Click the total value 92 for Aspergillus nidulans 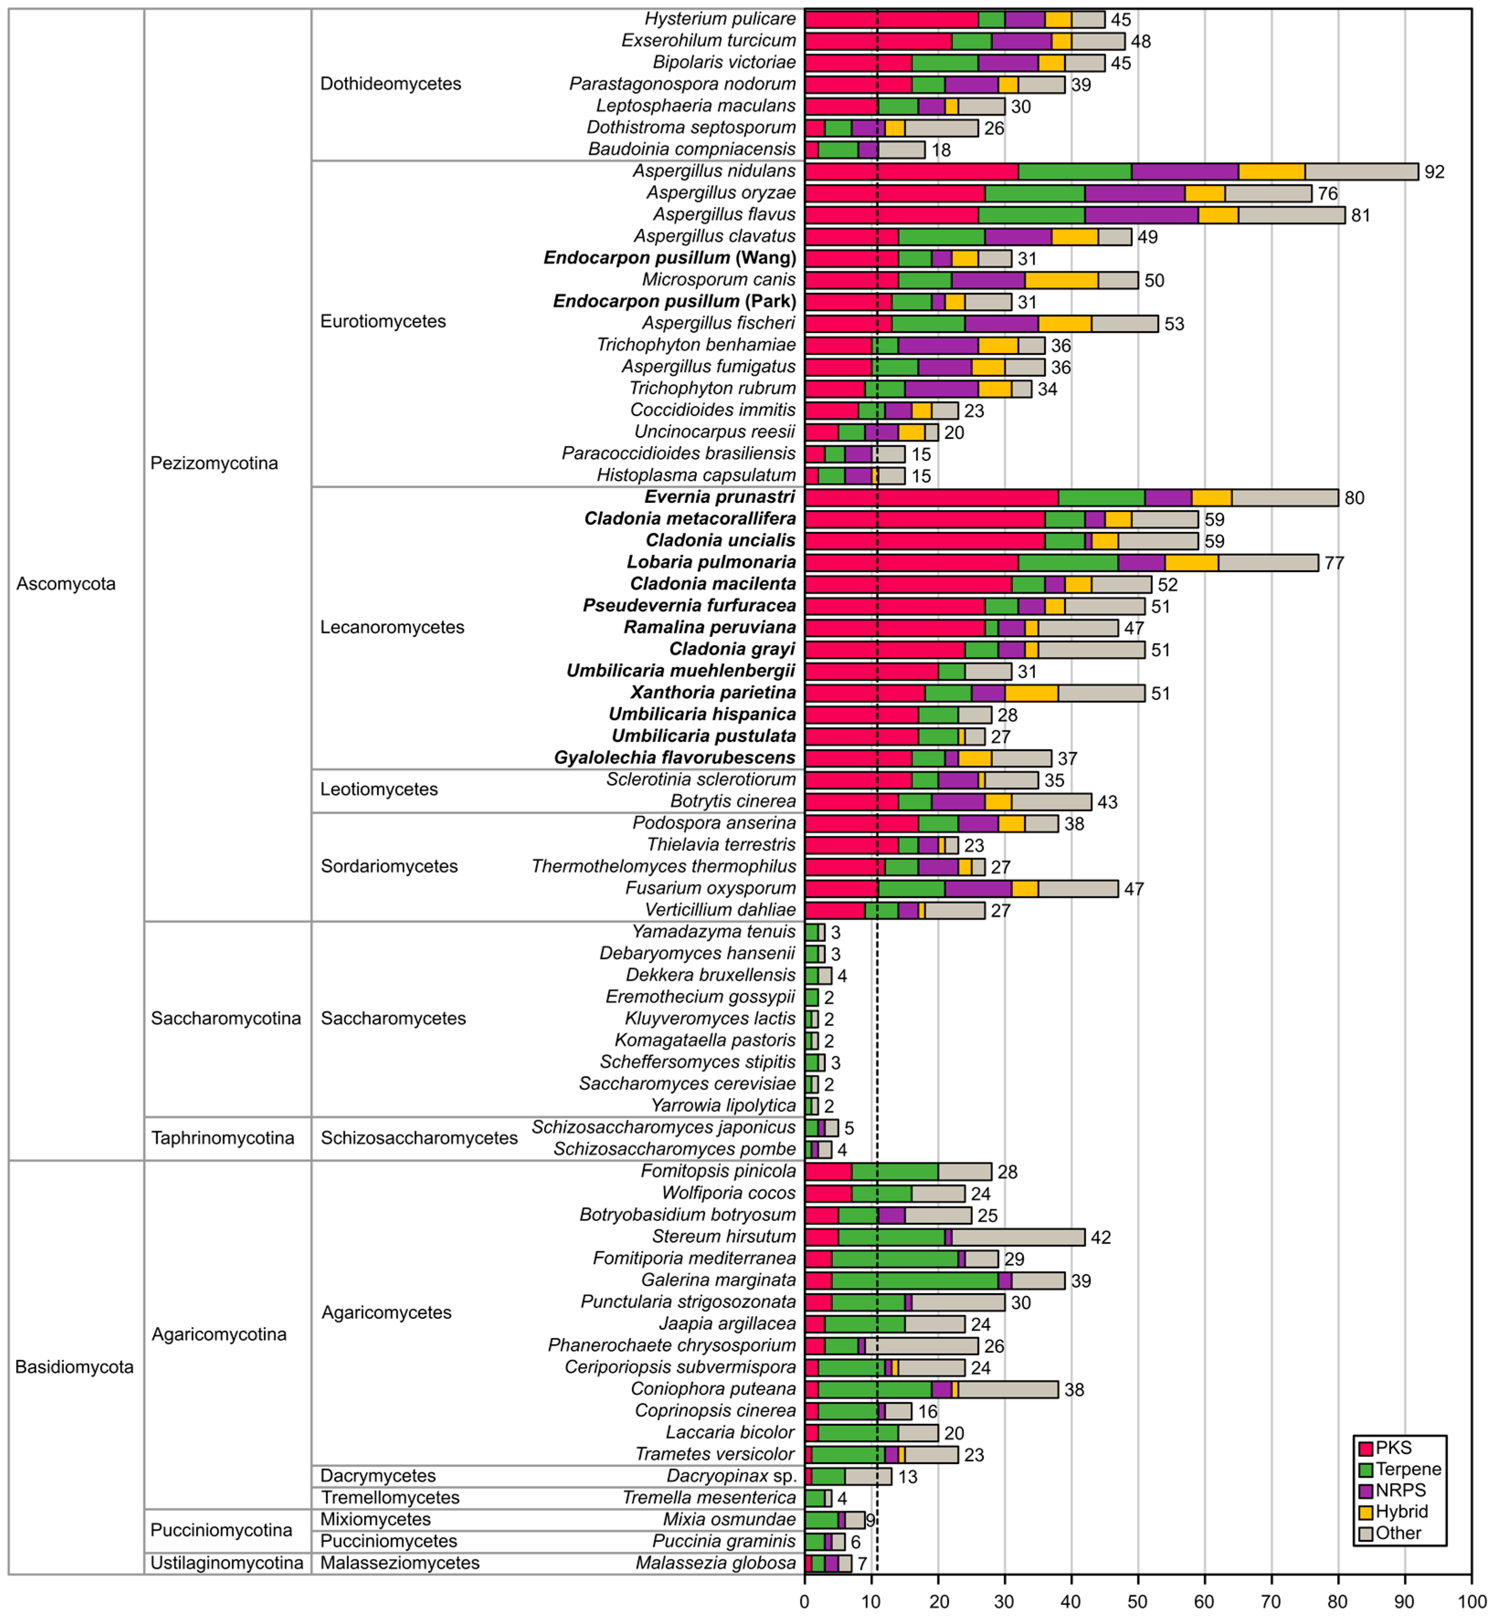(x=1434, y=172)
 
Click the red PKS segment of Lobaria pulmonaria (x=911, y=562)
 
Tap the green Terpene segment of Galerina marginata (x=914, y=1280)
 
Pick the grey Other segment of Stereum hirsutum (x=1018, y=1237)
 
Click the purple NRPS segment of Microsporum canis (x=988, y=280)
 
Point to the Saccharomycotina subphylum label (x=226, y=1018)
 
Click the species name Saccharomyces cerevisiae (x=687, y=1084)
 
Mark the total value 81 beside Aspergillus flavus (x=1361, y=215)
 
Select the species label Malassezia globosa (x=715, y=1563)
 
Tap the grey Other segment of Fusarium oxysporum (x=1078, y=888)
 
